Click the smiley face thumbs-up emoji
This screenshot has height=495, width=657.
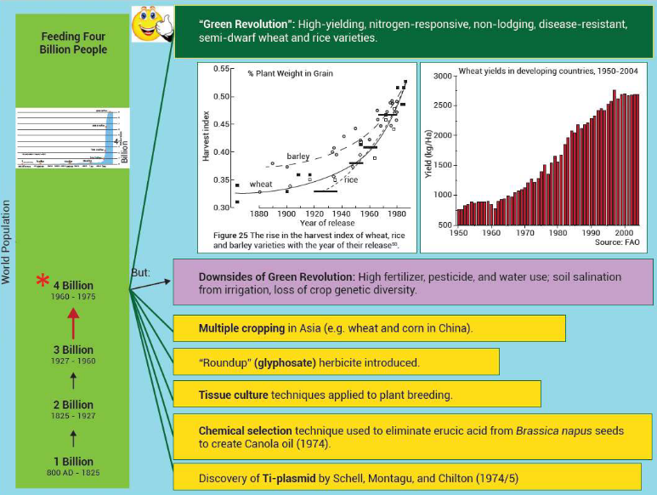[151, 23]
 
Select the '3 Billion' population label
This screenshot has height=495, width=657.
[73, 350]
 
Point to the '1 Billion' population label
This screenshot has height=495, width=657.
[73, 462]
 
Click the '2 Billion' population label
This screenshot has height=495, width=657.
[73, 405]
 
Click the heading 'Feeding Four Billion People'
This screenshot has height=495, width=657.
[74, 43]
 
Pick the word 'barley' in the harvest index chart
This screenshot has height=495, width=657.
[297, 157]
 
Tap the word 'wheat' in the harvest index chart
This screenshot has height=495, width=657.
[261, 184]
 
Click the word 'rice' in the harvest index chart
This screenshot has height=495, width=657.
[351, 179]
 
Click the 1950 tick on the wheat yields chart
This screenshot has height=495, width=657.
[458, 232]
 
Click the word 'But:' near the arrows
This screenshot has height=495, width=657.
[141, 272]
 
